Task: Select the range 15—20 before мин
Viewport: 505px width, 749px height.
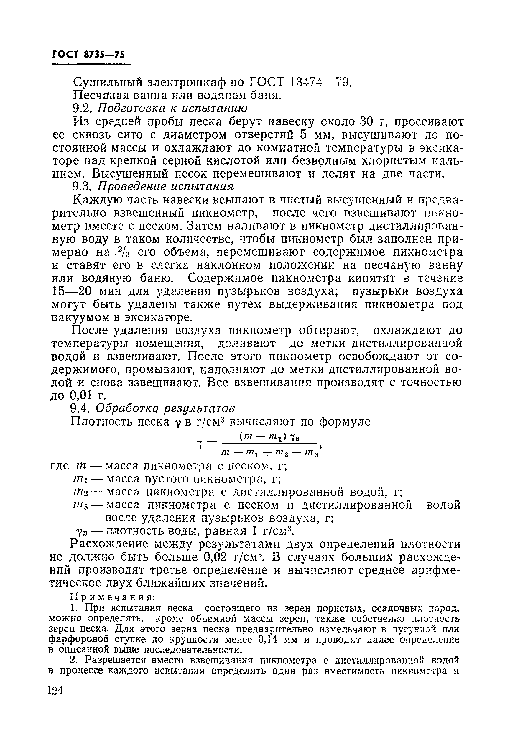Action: (x=72, y=291)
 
